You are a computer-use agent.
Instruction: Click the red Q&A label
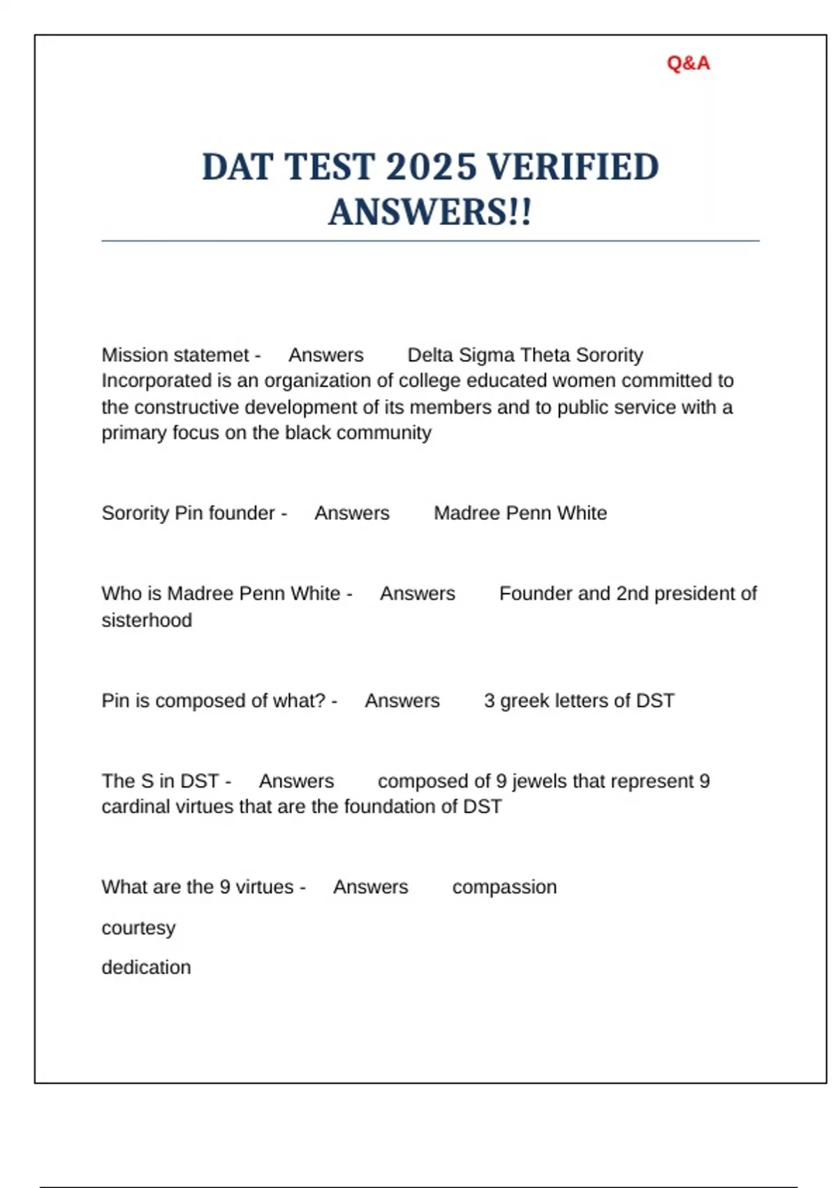pyautogui.click(x=688, y=64)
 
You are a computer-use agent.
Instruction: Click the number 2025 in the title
pyautogui.click(x=431, y=168)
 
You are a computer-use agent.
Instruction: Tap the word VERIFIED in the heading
pyautogui.click(x=572, y=168)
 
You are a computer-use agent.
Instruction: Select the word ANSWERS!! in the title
pyautogui.click(x=430, y=212)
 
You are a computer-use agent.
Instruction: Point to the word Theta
pyautogui.click(x=543, y=355)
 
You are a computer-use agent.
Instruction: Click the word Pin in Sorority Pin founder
pyautogui.click(x=188, y=513)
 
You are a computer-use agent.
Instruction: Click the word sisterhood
pyautogui.click(x=147, y=620)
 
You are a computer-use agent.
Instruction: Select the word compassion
pyautogui.click(x=504, y=888)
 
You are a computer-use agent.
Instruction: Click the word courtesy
pyautogui.click(x=138, y=928)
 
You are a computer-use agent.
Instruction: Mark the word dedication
pyautogui.click(x=146, y=968)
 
